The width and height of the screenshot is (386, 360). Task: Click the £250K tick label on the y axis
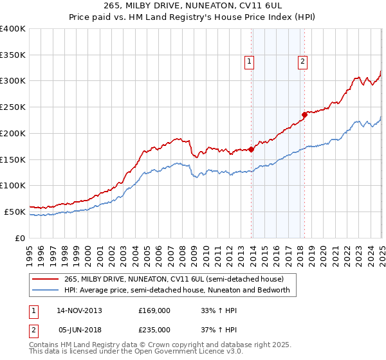click(13, 107)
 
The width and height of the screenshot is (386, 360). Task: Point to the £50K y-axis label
click(15, 212)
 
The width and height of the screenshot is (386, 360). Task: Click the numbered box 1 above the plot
click(249, 62)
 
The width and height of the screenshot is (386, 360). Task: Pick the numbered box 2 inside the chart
click(302, 62)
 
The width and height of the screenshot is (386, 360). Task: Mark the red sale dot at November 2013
click(251, 149)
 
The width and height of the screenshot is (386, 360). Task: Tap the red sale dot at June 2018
click(304, 115)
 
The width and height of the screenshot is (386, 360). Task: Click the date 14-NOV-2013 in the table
click(78, 310)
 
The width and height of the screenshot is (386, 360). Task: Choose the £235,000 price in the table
click(154, 329)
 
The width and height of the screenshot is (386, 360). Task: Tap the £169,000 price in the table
click(154, 310)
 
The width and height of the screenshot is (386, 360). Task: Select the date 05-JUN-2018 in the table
click(78, 329)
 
